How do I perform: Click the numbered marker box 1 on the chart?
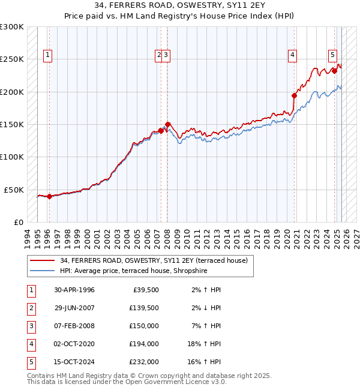[x=48, y=55]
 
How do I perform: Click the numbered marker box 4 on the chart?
[x=292, y=55]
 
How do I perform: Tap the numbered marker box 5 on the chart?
[x=332, y=55]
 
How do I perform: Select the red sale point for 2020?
[x=295, y=95]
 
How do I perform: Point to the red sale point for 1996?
[x=49, y=196]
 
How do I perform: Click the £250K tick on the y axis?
[x=12, y=59]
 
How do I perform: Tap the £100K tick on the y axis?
[x=12, y=157]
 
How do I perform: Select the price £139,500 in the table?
[x=144, y=308]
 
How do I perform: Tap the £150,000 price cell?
[x=144, y=326]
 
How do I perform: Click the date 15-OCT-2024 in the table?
[x=74, y=362]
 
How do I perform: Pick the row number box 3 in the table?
[x=31, y=326]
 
